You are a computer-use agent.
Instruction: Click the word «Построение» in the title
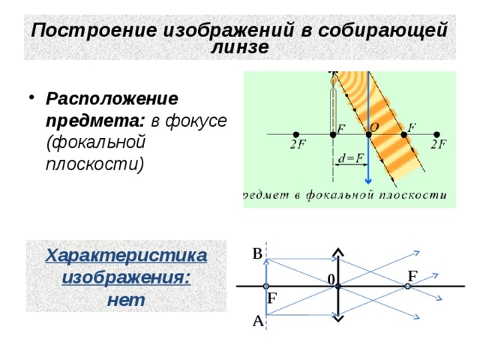94,30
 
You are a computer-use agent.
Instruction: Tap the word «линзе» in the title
240,46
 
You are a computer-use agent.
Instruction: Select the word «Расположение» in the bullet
112,99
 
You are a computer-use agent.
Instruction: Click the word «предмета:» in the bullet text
95,121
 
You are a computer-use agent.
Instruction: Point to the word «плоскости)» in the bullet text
95,164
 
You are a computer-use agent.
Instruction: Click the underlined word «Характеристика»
126,255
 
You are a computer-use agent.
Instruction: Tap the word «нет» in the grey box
126,300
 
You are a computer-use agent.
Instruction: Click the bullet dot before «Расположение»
31,97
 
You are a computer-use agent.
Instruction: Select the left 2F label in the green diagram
298,144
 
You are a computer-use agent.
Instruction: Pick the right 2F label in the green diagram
438,144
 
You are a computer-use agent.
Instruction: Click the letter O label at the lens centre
374,127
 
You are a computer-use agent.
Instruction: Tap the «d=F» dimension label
351,158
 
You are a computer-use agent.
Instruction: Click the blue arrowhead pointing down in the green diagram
368,181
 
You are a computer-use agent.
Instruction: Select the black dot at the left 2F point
295,134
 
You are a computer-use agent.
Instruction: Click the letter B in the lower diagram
257,253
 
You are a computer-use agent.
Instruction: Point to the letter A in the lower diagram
258,321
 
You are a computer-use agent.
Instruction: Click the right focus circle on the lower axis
407,286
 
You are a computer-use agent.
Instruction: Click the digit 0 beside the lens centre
331,280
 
